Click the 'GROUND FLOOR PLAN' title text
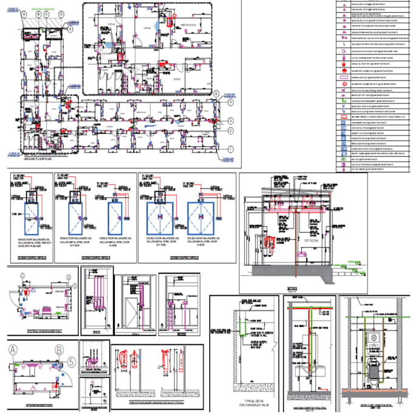point(39,157)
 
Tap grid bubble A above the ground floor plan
point(24,13)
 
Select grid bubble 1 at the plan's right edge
point(230,149)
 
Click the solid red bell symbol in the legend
point(344,26)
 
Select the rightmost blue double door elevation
point(203,218)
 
